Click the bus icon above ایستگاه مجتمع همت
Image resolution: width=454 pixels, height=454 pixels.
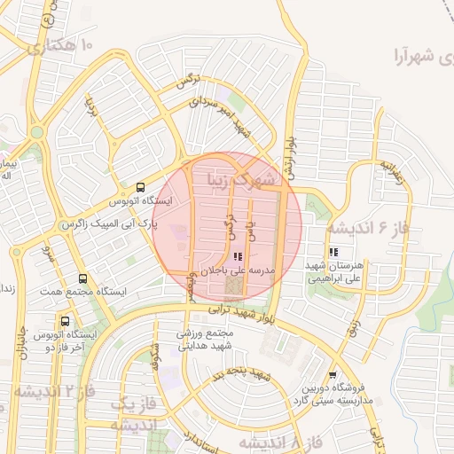click(x=82, y=278)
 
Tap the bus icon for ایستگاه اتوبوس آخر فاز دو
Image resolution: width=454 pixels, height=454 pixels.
click(x=65, y=321)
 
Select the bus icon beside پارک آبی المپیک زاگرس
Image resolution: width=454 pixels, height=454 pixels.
click(x=141, y=187)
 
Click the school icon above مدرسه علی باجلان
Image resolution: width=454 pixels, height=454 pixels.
click(x=236, y=254)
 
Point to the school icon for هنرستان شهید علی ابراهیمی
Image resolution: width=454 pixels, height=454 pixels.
click(x=333, y=252)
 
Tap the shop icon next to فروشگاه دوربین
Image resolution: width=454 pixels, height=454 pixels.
click(x=333, y=375)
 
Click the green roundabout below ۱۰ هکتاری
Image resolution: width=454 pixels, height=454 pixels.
click(x=36, y=132)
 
